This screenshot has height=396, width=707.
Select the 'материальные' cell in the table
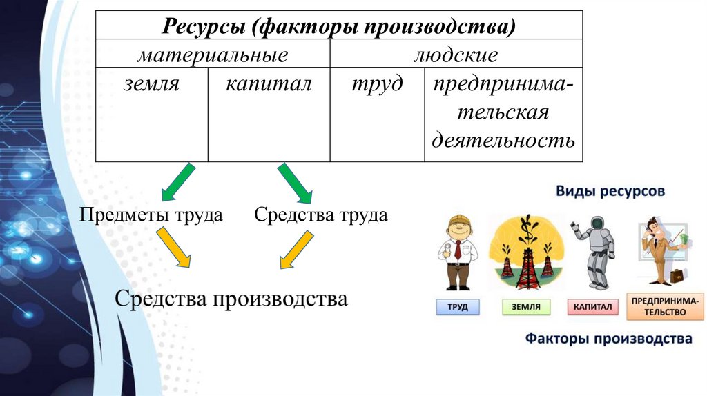click(212, 55)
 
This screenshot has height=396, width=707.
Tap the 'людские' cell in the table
click(455, 55)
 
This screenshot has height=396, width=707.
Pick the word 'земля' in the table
click(151, 85)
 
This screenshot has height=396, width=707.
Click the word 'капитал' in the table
click(268, 85)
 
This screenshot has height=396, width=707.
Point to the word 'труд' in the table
click(376, 85)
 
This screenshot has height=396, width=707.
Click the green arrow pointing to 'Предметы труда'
click(177, 181)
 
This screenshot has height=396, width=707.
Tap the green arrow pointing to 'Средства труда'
click(296, 181)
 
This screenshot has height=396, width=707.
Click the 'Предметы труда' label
click(151, 215)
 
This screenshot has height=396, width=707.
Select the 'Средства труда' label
click(320, 215)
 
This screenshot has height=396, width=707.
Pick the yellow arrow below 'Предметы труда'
click(173, 248)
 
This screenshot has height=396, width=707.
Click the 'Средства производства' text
click(231, 299)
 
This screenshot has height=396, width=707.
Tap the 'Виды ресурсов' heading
click(610, 191)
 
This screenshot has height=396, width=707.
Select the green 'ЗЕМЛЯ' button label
click(526, 307)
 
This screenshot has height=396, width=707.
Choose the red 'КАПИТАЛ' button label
click(593, 307)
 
